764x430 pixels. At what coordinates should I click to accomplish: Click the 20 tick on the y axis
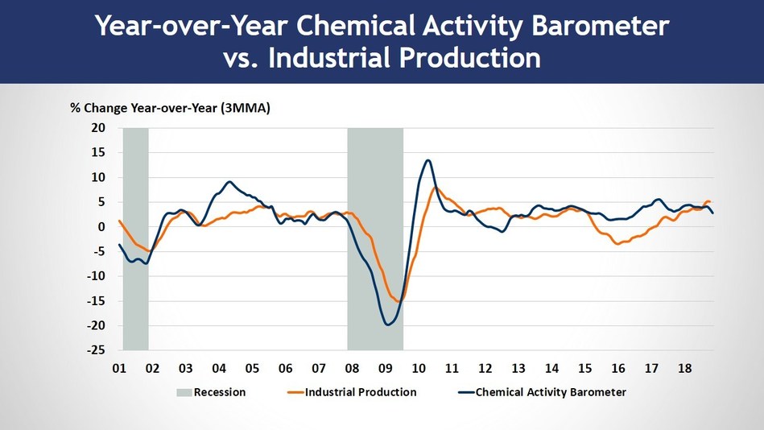pos(98,128)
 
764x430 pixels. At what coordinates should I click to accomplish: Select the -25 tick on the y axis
pos(96,351)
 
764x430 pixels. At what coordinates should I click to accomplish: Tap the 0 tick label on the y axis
pos(102,227)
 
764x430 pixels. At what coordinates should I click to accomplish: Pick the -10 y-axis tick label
pos(96,276)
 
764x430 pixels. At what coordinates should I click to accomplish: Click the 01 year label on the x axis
pos(119,369)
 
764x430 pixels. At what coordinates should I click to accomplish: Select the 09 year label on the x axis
pos(385,369)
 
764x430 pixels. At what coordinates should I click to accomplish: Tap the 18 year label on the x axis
pos(683,369)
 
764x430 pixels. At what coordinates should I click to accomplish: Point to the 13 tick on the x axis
pos(518,369)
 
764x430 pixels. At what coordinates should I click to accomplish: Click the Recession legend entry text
pos(219,392)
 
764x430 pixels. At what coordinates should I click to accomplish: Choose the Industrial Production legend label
pos(361,392)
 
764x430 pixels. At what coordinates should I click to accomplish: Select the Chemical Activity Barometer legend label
pos(551,392)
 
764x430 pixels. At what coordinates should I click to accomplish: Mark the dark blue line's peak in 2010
pos(428,160)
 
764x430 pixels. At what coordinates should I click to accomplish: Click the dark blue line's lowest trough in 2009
pos(389,325)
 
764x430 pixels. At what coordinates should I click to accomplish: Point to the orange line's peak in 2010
pos(436,188)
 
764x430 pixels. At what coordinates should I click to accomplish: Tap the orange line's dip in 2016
pos(618,242)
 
